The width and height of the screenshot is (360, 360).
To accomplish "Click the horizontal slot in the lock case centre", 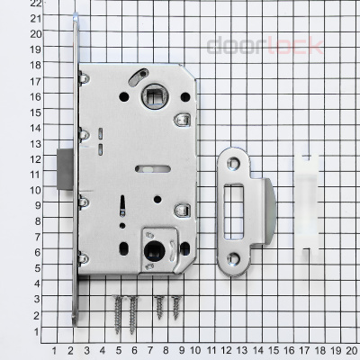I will click(x=145, y=167).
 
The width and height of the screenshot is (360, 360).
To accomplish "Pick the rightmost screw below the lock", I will click(x=175, y=308).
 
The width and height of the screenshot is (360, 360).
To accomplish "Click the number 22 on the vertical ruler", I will click(x=11, y=4).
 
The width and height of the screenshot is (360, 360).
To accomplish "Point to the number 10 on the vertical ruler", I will click(x=11, y=190).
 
